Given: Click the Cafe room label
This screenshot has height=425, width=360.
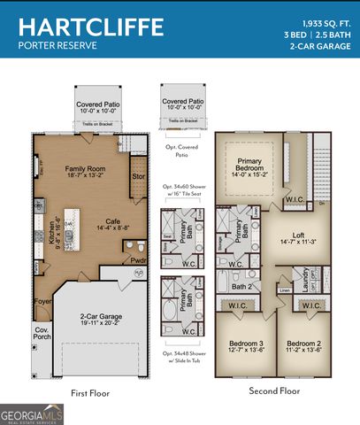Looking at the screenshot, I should [x=112, y=222].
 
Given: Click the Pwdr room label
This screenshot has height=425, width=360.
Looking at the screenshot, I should [x=138, y=261].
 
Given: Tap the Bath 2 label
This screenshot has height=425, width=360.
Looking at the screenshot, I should [x=242, y=286].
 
